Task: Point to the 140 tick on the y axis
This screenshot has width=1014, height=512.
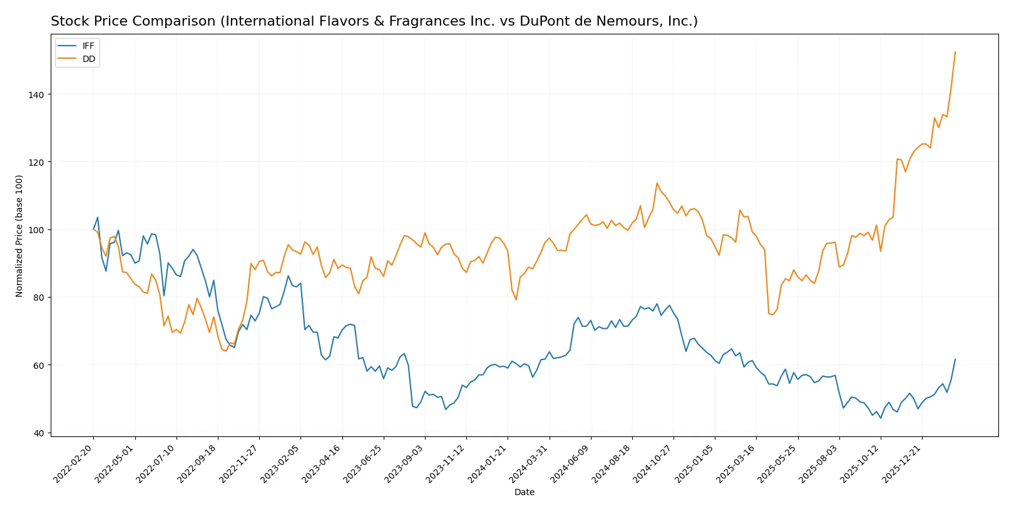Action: (x=36, y=94)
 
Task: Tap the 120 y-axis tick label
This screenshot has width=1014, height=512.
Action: (x=36, y=162)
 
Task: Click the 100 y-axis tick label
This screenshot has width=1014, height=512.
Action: (x=36, y=230)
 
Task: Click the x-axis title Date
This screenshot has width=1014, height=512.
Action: (x=525, y=492)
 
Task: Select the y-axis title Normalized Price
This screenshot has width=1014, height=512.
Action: (x=19, y=236)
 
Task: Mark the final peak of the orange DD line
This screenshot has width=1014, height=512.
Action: (x=955, y=52)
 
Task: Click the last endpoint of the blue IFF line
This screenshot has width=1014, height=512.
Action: (x=955, y=359)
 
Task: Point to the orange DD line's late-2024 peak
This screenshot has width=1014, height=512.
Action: (x=657, y=183)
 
